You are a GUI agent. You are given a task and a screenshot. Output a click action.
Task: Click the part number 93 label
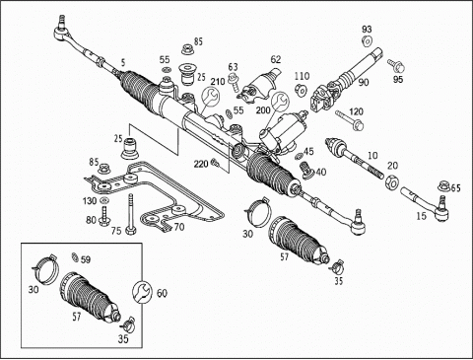pos(367,30)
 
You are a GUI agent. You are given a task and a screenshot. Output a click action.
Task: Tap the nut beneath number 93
pos(367,41)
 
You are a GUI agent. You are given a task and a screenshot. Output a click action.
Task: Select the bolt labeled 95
pos(396,65)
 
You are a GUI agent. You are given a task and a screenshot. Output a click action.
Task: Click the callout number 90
pos(364,82)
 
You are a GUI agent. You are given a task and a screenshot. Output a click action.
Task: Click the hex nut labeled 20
pos(391,182)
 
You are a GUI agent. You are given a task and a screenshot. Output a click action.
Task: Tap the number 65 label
pos(455,188)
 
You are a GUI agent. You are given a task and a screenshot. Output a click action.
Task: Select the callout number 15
pos(421,216)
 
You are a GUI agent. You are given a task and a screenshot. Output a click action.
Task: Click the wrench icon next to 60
pos(142,292)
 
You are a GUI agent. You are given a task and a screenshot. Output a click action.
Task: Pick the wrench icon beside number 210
pos(210,97)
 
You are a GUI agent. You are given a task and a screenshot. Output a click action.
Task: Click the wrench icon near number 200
pos(280,102)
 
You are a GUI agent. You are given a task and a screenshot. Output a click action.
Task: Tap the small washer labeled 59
pos(75,256)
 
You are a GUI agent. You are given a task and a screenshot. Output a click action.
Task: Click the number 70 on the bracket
pos(179,227)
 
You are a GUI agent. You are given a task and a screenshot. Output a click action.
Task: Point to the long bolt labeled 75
pos(131,214)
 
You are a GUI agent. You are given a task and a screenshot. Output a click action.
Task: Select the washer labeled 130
pos(105,200)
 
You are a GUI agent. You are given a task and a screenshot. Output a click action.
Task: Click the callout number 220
pos(201,164)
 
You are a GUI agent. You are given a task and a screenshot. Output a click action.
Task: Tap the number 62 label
pos(276,59)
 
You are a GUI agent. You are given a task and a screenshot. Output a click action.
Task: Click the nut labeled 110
pos(301,90)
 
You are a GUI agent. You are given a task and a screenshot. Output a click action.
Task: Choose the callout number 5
pos(123,62)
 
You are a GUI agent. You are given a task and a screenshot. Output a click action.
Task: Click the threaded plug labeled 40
pos(307,170)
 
